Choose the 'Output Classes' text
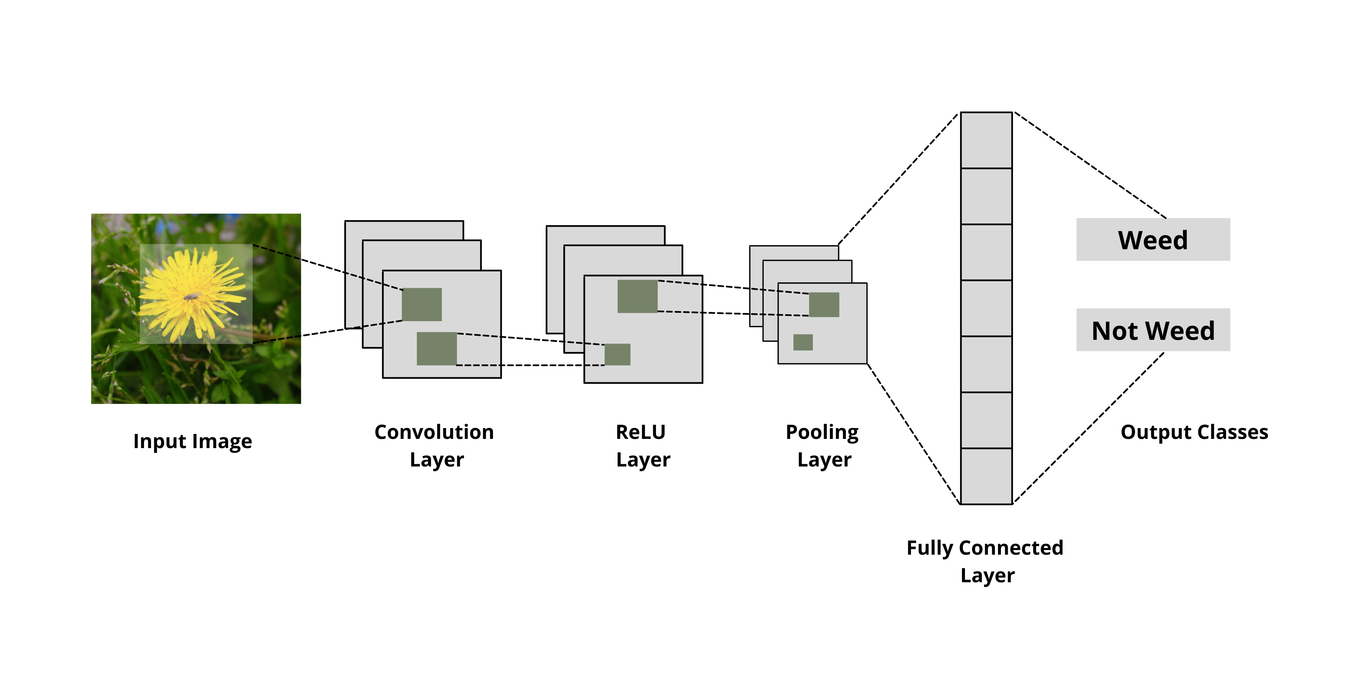pyautogui.click(x=1194, y=432)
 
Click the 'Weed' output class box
pyautogui.click(x=1153, y=239)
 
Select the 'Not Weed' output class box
pyautogui.click(x=1153, y=330)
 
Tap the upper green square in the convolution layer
pyautogui.click(x=422, y=304)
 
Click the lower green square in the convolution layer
pyautogui.click(x=437, y=348)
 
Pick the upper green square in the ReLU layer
pyautogui.click(x=637, y=296)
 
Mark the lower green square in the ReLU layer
pyautogui.click(x=617, y=354)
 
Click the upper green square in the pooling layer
pyautogui.click(x=824, y=304)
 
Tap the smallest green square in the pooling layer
pyautogui.click(x=803, y=342)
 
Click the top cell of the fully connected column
pyautogui.click(x=986, y=140)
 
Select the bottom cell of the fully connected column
pyautogui.click(x=986, y=476)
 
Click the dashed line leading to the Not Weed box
pyautogui.click(x=1088, y=428)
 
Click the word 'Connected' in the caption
pyautogui.click(x=1011, y=548)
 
